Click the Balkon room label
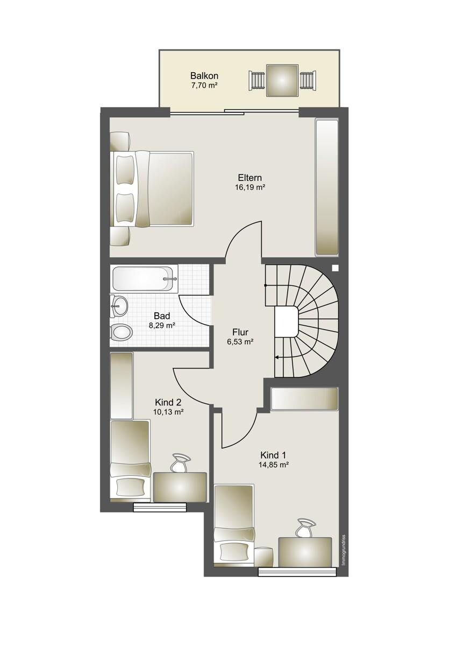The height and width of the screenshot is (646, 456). pos(204,76)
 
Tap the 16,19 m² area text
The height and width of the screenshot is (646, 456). pos(250,187)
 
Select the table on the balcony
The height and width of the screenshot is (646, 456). pos(282,80)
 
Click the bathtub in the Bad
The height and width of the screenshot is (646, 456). pos(143,279)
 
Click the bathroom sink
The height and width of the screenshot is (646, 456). pos(119,306)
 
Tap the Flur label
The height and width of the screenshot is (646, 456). pos(240,332)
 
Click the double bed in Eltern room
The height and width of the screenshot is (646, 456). pos(152,188)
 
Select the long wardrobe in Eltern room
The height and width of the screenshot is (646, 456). pos(326,187)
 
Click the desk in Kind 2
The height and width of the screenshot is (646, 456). pos(180,487)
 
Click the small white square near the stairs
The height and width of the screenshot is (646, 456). pos(335,268)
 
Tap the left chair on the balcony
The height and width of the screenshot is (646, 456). pos(256,80)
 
